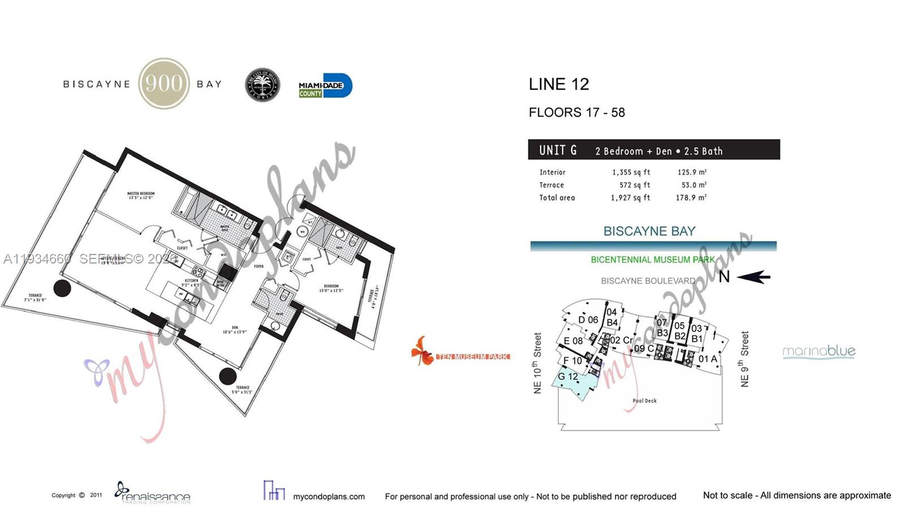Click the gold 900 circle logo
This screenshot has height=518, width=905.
click(164, 84)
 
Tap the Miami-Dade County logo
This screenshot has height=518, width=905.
click(325, 86)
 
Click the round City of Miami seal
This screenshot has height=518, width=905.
click(262, 85)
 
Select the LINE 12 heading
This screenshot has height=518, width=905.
click(558, 84)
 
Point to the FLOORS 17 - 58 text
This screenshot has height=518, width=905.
click(576, 113)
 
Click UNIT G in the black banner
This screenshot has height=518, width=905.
click(558, 150)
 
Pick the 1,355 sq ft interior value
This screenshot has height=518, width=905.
click(631, 172)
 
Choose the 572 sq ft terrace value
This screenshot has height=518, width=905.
click(634, 185)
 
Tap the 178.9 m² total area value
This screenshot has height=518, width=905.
click(691, 197)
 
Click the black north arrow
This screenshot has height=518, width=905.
click(754, 277)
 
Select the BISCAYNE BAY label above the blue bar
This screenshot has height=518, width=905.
click(649, 231)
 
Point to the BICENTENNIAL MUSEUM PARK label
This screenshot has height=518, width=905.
click(652, 260)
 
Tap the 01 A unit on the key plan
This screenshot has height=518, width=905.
click(707, 359)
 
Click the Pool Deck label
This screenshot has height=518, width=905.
click(644, 400)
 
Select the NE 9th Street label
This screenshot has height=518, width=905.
click(744, 359)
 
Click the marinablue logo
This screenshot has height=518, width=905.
click(818, 352)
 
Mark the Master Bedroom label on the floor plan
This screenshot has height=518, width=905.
click(141, 195)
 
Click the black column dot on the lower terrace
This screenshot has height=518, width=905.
click(227, 375)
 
